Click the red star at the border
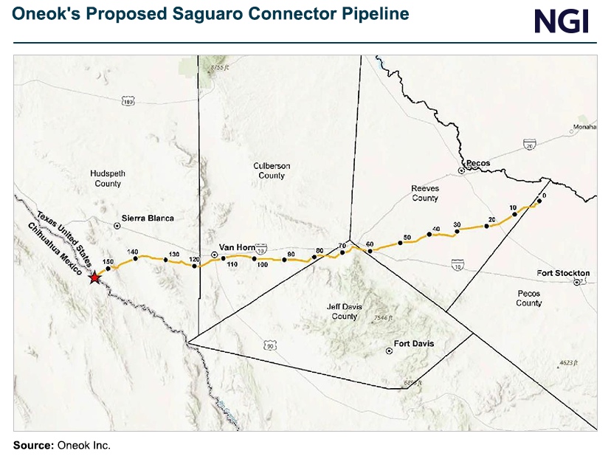94,277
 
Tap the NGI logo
562,21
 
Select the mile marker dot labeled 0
539,202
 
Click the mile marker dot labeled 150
108,269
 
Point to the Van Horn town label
237,247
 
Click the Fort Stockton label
563,273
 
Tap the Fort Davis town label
413,344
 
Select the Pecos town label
478,163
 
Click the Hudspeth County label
108,179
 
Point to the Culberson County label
272,170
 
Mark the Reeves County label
425,193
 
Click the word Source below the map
33,445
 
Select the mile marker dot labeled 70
342,253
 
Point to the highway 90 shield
270,345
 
